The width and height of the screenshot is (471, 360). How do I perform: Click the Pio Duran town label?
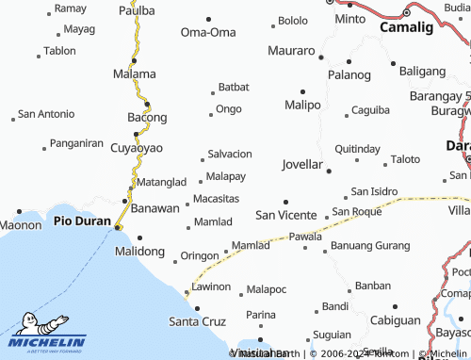[83, 221]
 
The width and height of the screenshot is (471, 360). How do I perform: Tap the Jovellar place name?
[302, 164]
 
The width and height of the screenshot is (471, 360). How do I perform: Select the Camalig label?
[406, 27]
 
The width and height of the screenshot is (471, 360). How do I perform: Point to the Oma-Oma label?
[208, 32]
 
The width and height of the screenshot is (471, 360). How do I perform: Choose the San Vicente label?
[286, 215]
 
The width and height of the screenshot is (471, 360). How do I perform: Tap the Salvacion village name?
[229, 154]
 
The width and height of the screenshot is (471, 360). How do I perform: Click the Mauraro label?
[291, 50]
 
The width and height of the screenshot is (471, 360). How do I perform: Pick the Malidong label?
[139, 252]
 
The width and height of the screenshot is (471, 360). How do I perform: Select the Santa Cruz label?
[197, 321]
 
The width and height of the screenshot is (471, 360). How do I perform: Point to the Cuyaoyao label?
[137, 148]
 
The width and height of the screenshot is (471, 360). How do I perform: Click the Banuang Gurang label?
[370, 247]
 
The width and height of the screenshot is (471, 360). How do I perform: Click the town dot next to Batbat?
[213, 92]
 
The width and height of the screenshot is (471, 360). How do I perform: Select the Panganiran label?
[76, 143]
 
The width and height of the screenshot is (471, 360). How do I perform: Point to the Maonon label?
[20, 225]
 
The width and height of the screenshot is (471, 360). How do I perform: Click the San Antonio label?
[47, 114]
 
